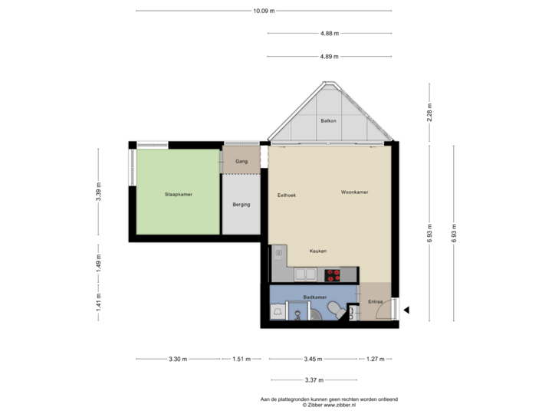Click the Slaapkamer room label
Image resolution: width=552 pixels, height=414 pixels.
click(178, 195)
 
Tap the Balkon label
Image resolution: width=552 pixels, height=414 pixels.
click(329, 121)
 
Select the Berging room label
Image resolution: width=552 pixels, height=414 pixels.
click(242, 205)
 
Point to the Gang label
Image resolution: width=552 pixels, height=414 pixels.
click(242, 162)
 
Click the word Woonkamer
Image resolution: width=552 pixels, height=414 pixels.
click(355, 192)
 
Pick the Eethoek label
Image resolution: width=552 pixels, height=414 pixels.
click(287, 195)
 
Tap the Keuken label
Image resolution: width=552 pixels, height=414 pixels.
click(318, 251)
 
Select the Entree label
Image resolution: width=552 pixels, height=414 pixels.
click(375, 302)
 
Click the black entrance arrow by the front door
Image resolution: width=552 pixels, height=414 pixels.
click(407, 310)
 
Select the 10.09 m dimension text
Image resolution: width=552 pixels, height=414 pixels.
click(264, 11)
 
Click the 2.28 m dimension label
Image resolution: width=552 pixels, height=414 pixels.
click(429, 112)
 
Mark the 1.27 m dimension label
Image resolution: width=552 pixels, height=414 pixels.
click(376, 358)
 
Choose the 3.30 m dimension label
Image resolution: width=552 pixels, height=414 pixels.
click(178, 358)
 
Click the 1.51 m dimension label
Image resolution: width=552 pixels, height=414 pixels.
click(242, 358)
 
